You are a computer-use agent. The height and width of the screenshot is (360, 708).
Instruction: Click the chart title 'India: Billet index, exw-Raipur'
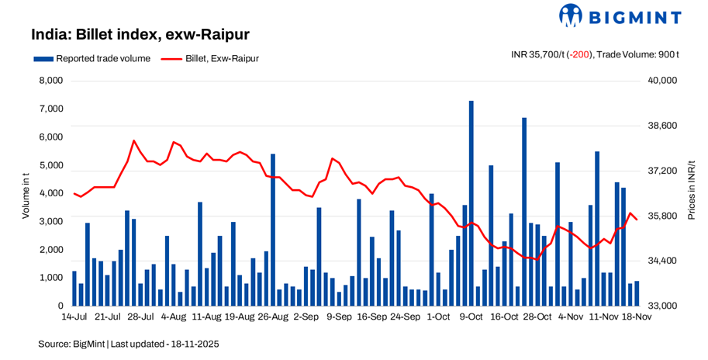[x=140, y=35]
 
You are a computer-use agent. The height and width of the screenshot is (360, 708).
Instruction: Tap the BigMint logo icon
[x=571, y=16]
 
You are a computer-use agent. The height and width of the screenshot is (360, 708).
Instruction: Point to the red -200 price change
[x=580, y=55]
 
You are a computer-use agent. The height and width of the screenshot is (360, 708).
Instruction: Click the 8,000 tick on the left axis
[x=50, y=81]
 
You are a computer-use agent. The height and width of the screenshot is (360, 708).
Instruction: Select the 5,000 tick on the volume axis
[x=50, y=165]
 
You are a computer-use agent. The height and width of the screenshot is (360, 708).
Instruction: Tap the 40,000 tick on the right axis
[x=663, y=81]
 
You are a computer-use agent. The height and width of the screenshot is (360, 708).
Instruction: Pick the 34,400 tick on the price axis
[x=663, y=261]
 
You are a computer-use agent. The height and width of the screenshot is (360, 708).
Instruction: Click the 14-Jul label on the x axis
[x=74, y=317]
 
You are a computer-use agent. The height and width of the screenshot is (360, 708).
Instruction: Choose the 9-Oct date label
[x=471, y=317]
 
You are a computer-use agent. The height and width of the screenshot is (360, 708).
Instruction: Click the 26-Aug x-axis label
[x=273, y=317]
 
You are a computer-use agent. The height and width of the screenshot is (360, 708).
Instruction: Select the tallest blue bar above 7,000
[x=471, y=202]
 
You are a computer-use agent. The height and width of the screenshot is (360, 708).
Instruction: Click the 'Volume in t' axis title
[x=26, y=194]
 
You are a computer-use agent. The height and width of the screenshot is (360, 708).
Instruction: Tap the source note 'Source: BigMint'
[x=71, y=343]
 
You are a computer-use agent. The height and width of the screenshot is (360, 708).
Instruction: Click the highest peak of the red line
[x=134, y=141]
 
